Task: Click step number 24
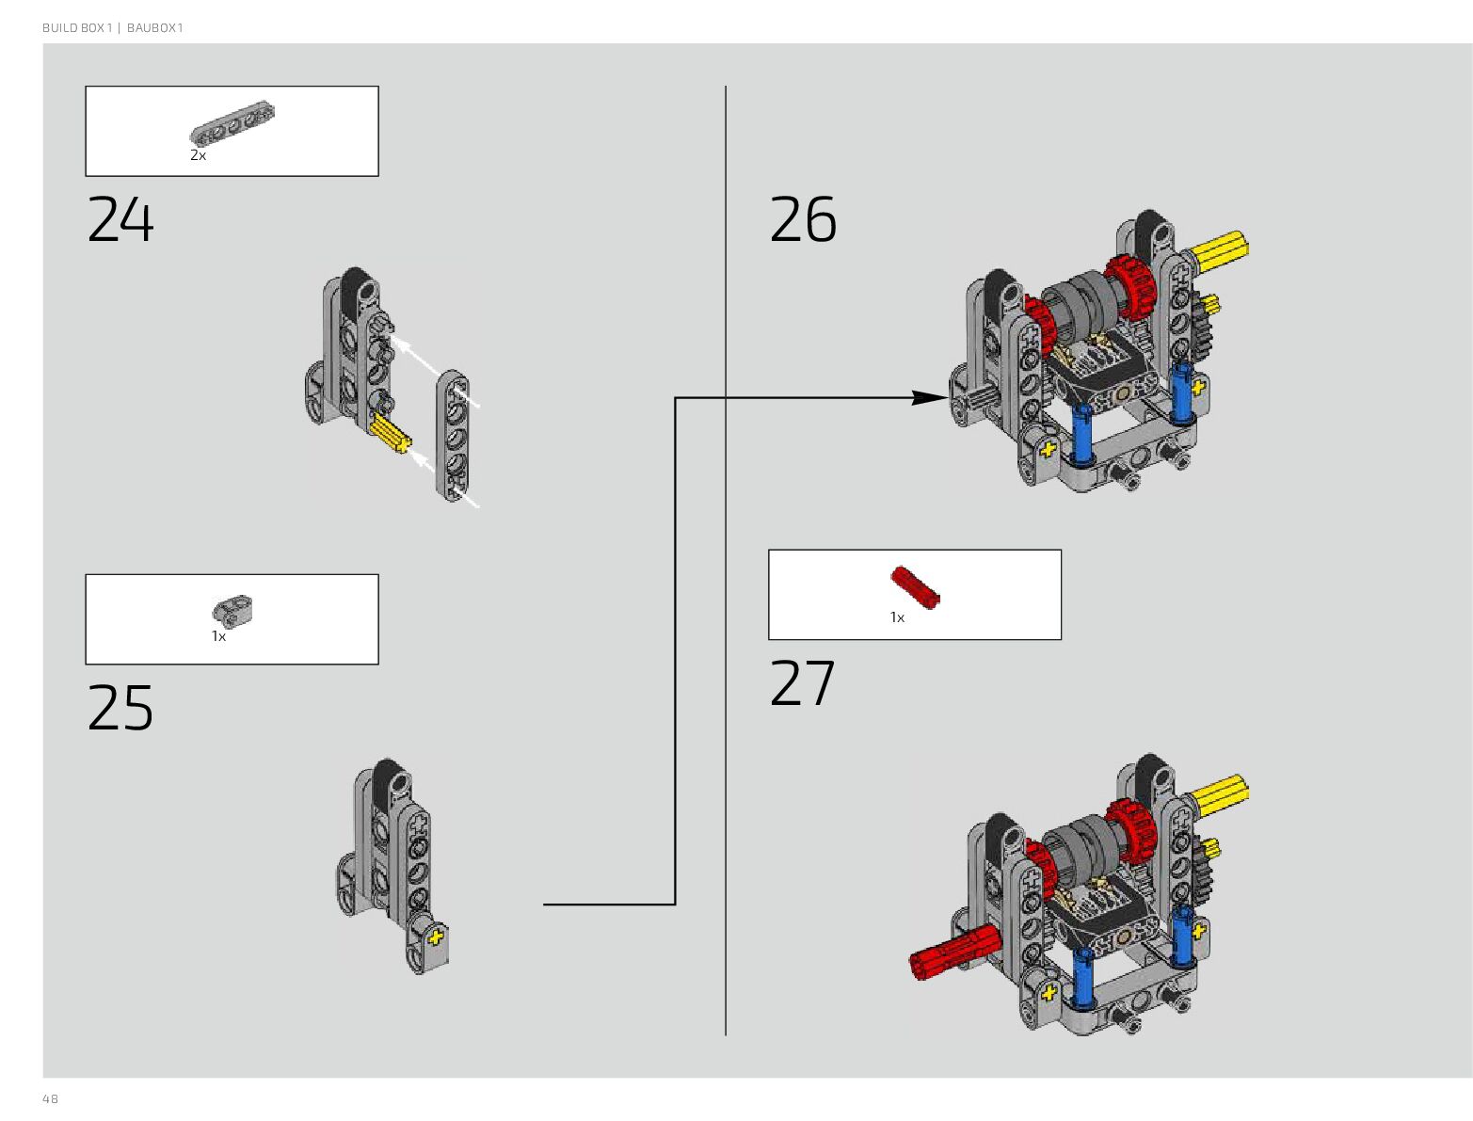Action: click(120, 220)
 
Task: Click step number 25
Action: click(120, 708)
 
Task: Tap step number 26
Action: click(803, 220)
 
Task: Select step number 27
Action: click(803, 683)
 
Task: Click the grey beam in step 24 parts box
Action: click(232, 123)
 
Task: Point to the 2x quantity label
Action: click(198, 155)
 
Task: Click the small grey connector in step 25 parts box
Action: click(232, 611)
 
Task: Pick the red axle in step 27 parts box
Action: click(915, 587)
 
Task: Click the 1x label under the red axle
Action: click(897, 617)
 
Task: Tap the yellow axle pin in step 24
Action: click(391, 435)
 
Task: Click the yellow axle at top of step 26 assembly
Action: click(1220, 249)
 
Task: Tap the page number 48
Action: click(50, 1098)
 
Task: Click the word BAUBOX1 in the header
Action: click(155, 28)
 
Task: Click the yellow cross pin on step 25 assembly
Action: click(435, 938)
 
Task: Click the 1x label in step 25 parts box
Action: click(218, 637)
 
